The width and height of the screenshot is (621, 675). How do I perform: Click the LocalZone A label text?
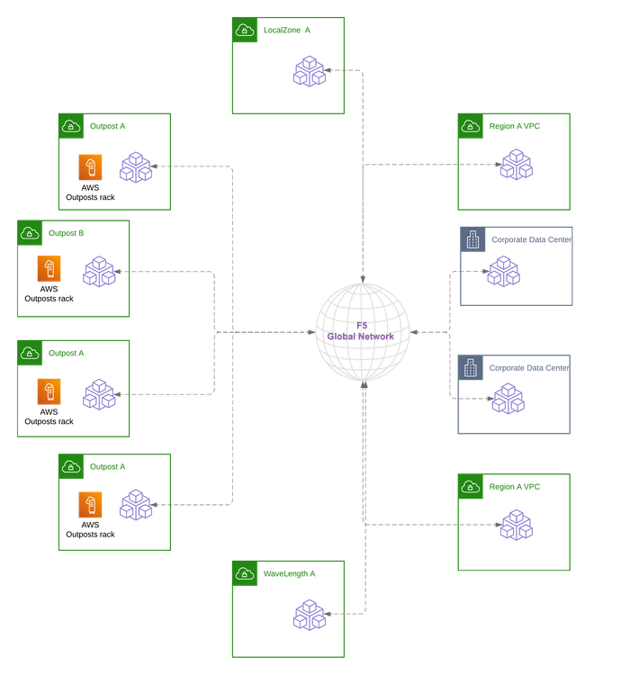[288, 30]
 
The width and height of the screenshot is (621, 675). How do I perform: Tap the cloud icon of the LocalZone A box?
[244, 30]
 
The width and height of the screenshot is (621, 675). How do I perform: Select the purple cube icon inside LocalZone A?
[309, 71]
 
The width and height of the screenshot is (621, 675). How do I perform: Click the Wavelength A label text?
[290, 572]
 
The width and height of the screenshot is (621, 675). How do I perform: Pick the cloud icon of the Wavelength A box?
[244, 572]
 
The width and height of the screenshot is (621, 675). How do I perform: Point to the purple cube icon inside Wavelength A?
[309, 615]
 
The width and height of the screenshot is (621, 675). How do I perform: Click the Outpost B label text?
[66, 233]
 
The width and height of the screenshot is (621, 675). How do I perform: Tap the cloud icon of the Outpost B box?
[30, 233]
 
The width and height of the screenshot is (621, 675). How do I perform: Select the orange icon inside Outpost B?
[49, 269]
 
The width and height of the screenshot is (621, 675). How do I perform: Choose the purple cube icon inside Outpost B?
[100, 271]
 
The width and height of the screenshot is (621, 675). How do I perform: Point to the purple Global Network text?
[361, 332]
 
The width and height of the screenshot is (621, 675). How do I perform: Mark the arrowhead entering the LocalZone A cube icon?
[330, 69]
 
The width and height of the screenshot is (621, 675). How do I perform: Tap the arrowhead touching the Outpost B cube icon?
[121, 271]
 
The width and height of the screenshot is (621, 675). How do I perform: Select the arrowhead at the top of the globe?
[363, 279]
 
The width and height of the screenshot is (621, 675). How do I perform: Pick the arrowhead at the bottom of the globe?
[363, 384]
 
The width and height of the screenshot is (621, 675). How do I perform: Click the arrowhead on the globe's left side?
[311, 332]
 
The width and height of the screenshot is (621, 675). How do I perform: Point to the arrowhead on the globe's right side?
[414, 332]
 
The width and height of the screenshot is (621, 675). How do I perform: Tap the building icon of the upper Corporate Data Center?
[472, 239]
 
